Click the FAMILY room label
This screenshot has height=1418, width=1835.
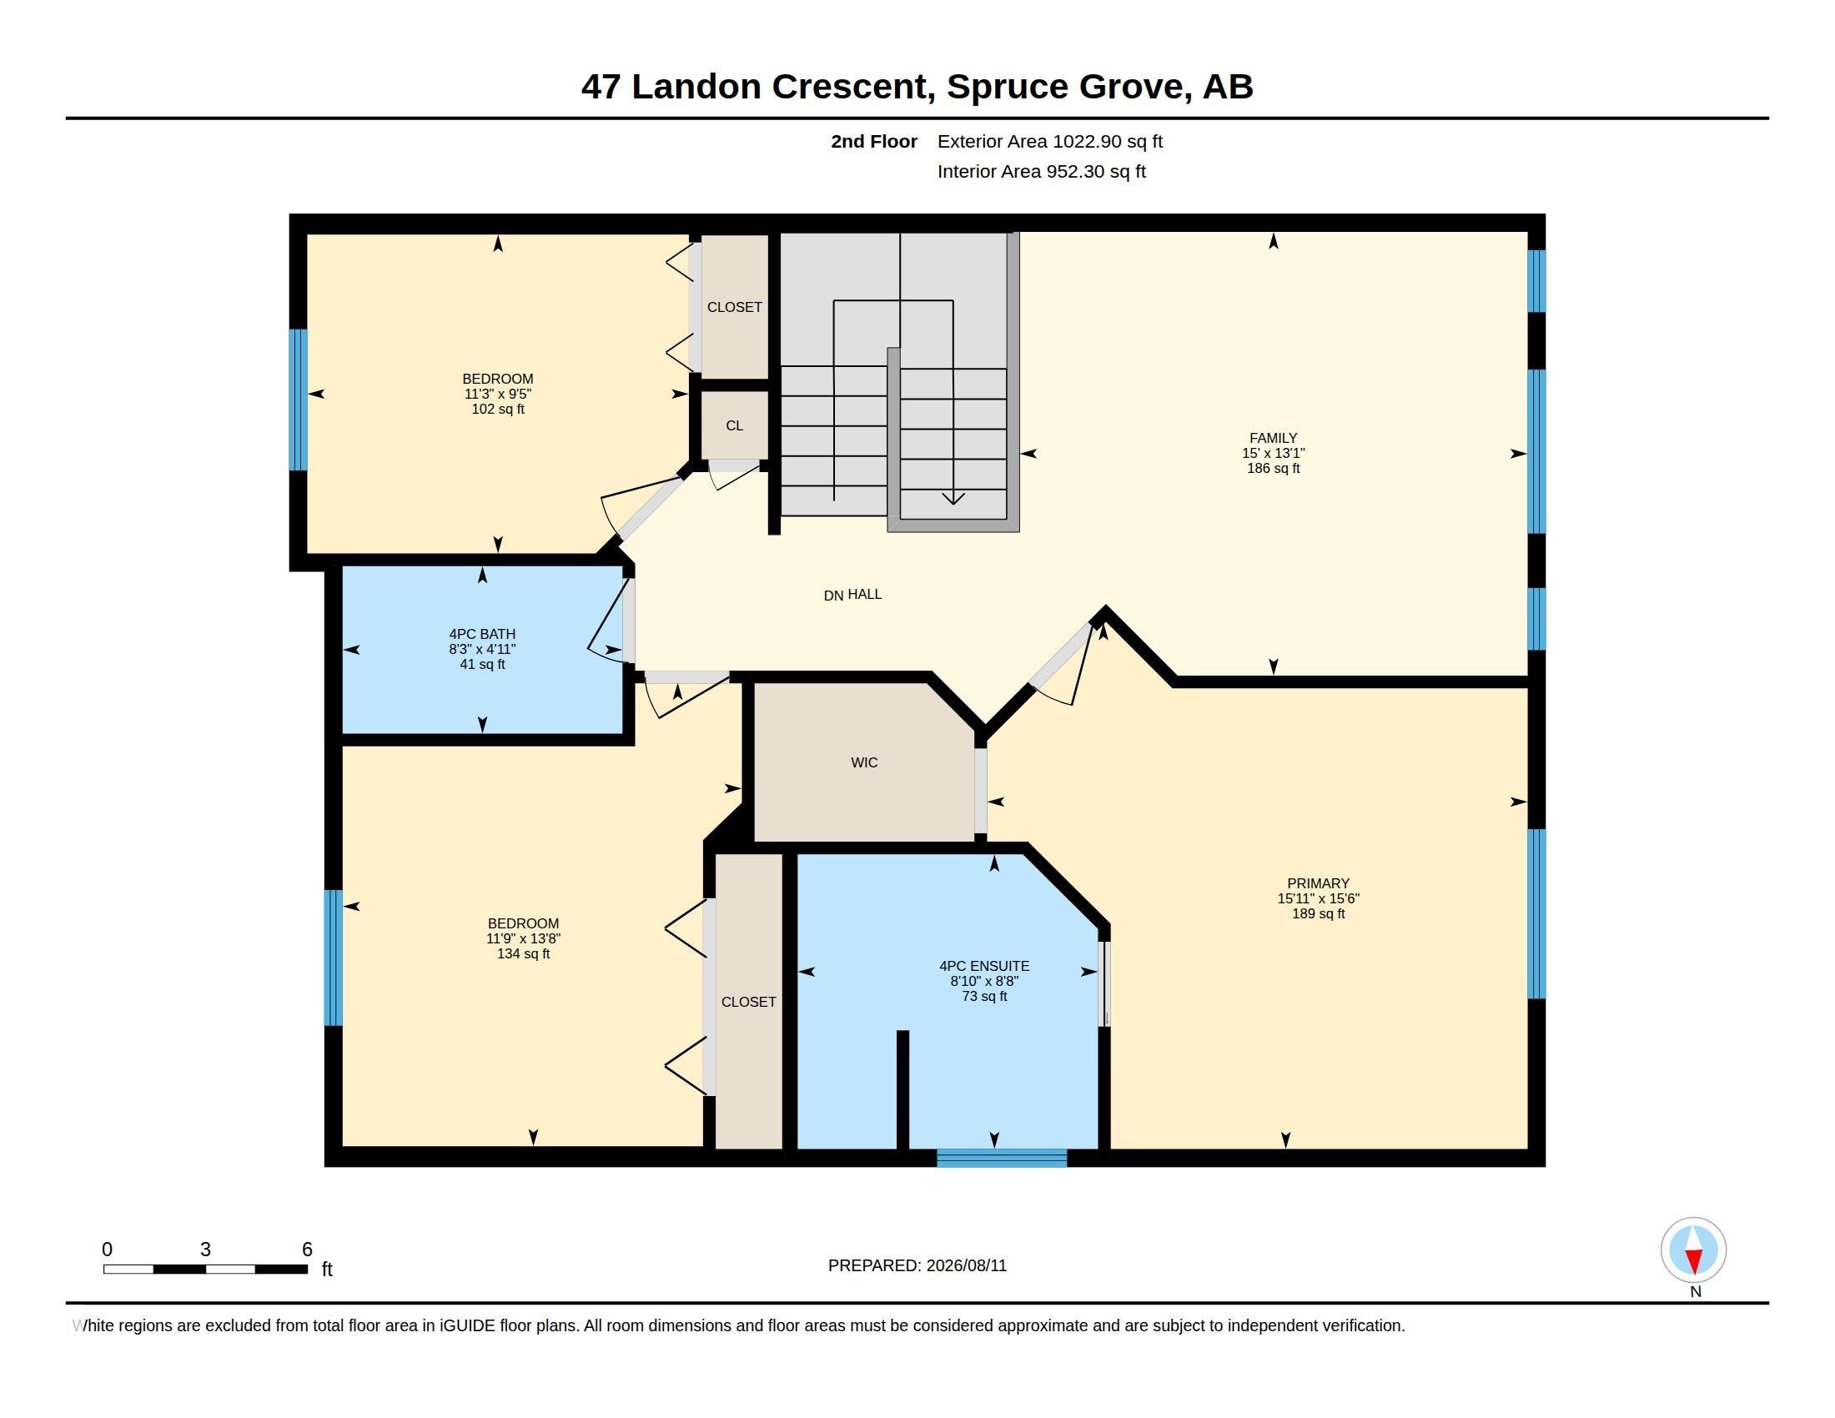pos(1273,438)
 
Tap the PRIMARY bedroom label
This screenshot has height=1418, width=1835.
pos(1318,882)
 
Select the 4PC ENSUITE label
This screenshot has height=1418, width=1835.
pos(984,966)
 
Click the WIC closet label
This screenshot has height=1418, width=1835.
pos(864,762)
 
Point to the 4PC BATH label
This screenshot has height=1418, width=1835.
pos(482,633)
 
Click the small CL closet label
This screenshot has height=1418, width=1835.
pos(734,426)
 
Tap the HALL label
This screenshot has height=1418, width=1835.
pos(865,594)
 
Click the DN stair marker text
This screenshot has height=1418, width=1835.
pos(833,596)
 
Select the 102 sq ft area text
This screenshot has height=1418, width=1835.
pos(498,409)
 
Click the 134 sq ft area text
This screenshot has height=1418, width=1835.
pos(524,953)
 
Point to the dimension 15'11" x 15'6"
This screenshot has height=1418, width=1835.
pos(1318,898)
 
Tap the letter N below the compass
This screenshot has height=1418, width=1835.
pos(1696,1291)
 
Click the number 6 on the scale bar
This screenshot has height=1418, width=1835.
pos(308,1250)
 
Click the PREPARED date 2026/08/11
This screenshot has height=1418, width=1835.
pos(966,1265)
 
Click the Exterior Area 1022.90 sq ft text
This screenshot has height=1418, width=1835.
pos(1050,141)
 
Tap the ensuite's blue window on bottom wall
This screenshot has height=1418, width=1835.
pos(1002,1158)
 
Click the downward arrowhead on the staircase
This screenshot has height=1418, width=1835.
pos(953,498)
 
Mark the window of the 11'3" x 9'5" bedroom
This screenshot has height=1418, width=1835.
pos(299,399)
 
